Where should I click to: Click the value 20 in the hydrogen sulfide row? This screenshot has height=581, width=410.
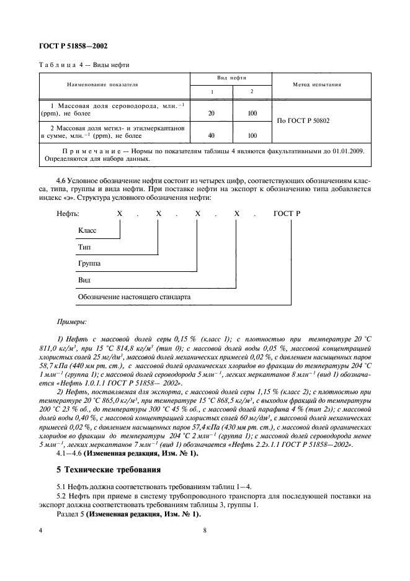[x=212, y=114]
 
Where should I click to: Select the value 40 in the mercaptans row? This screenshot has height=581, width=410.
[x=212, y=135]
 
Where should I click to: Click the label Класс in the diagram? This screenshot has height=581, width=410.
[x=87, y=230]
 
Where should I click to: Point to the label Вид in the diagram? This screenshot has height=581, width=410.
[x=83, y=281]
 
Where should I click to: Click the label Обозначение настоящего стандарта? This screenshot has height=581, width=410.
[x=134, y=297]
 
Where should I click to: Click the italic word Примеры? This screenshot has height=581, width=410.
[x=73, y=322]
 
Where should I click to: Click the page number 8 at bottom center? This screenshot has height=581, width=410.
[x=205, y=530]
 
